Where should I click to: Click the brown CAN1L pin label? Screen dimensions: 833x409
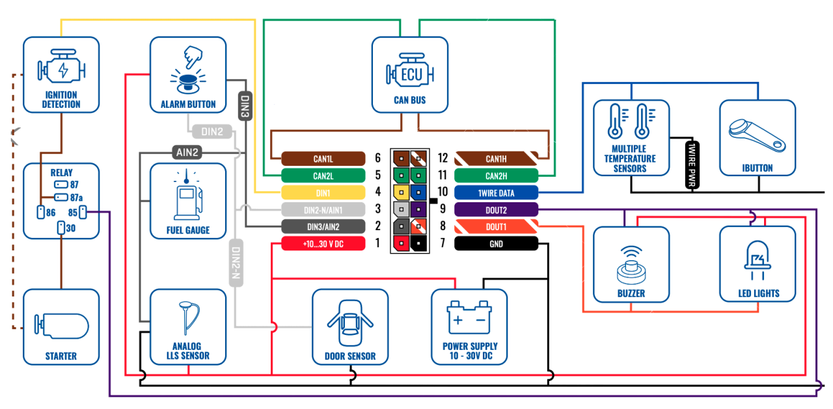coord(323,159)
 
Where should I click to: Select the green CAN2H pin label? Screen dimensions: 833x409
coord(496,176)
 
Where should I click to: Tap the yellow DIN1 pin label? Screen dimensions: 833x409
coord(323,193)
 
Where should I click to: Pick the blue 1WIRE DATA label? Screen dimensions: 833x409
coord(496,193)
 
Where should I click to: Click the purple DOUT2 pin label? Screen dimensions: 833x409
coord(496,210)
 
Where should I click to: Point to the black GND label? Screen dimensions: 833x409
coord(496,244)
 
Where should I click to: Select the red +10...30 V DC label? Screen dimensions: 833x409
coord(323,244)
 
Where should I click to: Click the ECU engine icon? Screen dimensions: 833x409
coord(410,71)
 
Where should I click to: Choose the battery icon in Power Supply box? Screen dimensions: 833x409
coord(469,317)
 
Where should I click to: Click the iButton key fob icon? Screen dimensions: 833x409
coord(757,135)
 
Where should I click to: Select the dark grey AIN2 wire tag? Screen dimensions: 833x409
coord(187,152)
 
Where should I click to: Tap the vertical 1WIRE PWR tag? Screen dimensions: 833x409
coord(692,165)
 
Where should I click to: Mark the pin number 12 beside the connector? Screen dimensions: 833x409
coord(443,158)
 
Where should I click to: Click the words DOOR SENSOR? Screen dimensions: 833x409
coord(350,356)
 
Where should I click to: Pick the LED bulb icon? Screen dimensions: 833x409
coord(758,260)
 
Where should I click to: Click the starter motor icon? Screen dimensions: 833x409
coord(62,326)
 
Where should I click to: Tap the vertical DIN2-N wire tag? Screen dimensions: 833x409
coord(236,263)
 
